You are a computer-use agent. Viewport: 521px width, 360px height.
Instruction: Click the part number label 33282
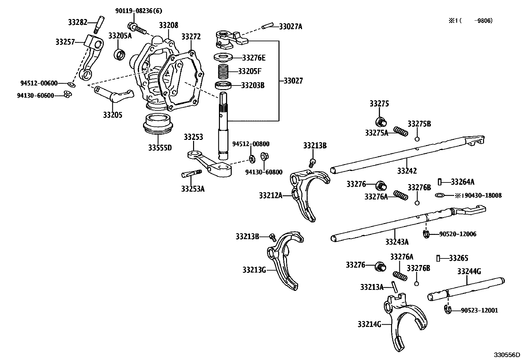pyautogui.click(x=77, y=22)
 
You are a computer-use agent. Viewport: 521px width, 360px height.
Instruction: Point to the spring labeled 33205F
pyautogui.click(x=225, y=71)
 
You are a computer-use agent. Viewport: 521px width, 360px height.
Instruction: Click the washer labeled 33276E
pyautogui.click(x=224, y=58)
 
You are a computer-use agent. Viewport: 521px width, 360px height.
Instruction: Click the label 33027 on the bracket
pyautogui.click(x=293, y=81)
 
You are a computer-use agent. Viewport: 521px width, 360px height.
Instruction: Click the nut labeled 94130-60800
pyautogui.click(x=264, y=156)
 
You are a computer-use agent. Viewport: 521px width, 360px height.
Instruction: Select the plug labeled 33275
pyautogui.click(x=381, y=122)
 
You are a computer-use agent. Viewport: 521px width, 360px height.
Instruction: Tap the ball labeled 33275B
pyautogui.click(x=417, y=139)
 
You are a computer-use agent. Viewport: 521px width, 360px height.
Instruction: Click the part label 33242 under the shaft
pyautogui.click(x=407, y=171)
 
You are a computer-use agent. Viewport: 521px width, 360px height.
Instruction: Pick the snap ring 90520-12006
pyautogui.click(x=426, y=234)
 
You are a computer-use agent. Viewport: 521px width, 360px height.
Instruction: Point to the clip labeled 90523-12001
pyautogui.click(x=448, y=309)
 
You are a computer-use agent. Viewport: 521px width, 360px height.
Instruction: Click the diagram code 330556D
pyautogui.click(x=507, y=355)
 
